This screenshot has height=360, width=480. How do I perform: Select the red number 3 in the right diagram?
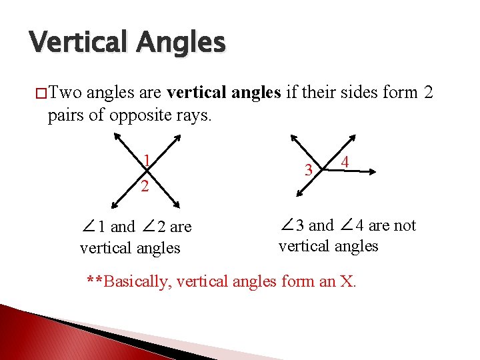point(309,170)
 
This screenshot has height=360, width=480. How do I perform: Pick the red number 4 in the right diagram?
point(345,162)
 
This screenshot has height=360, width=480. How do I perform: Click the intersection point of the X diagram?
point(147,172)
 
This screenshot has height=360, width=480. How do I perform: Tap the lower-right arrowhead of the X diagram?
point(177,205)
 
